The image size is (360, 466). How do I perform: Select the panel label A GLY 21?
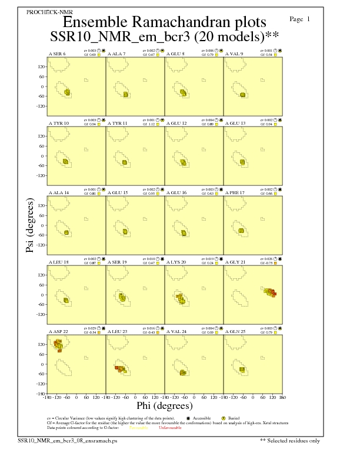tap(235, 261)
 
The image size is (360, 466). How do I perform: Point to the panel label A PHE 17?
tap(235, 192)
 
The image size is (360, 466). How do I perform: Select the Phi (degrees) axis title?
tap(164, 406)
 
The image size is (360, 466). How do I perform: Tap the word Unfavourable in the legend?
tap(171, 427)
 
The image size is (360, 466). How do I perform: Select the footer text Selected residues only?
tap(294, 440)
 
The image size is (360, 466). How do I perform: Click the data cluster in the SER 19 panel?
tap(122, 298)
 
